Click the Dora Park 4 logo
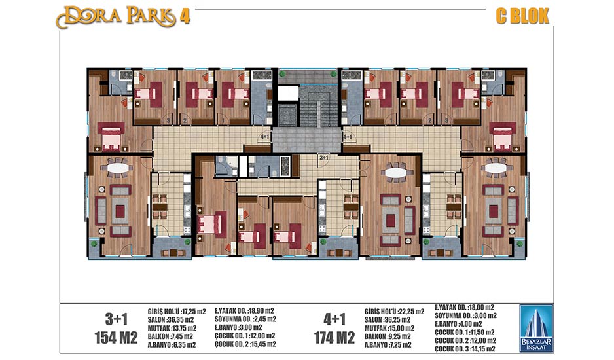click(x=123, y=17)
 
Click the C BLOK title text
click(x=522, y=16)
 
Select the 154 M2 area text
click(x=116, y=337)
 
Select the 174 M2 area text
click(x=334, y=337)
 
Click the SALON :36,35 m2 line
click(x=171, y=319)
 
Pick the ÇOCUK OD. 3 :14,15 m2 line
click(x=465, y=349)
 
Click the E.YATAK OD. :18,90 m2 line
click(x=244, y=311)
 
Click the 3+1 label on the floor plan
click(x=324, y=158)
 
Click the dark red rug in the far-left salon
click(x=120, y=211)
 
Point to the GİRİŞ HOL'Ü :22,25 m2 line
click(x=394, y=312)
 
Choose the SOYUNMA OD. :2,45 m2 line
click(x=245, y=319)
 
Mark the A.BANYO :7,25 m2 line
click(x=388, y=345)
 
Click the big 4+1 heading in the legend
click(x=334, y=319)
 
